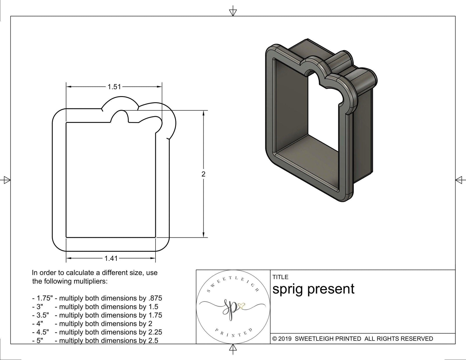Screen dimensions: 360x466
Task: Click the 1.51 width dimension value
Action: pyautogui.click(x=114, y=87)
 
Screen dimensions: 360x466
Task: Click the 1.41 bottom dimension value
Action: pyautogui.click(x=111, y=258)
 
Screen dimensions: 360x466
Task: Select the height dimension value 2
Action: pyautogui.click(x=203, y=174)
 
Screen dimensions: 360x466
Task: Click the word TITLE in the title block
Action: pyautogui.click(x=280, y=277)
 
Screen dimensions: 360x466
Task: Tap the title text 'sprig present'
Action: pyautogui.click(x=313, y=289)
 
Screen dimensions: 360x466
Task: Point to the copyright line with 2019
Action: pyautogui.click(x=352, y=339)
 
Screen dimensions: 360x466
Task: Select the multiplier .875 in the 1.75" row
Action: pyautogui.click(x=155, y=298)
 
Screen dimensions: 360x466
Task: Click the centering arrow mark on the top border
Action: pyautogui.click(x=233, y=12)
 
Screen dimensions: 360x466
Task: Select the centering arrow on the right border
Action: pyautogui.click(x=459, y=180)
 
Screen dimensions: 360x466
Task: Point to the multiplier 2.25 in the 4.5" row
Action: pyautogui.click(x=155, y=332)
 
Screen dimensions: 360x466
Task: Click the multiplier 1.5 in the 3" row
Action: pyautogui.click(x=153, y=307)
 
